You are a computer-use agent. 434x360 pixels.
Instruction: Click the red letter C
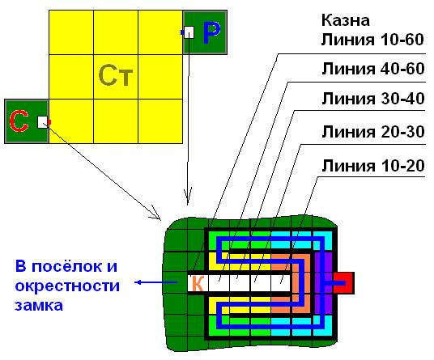tap(19, 121)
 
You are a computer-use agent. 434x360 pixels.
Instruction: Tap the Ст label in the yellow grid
tap(116, 75)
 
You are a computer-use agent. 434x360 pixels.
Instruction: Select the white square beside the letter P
tap(189, 32)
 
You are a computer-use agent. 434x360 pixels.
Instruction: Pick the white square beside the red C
tap(43, 122)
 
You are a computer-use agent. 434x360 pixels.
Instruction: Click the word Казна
tap(346, 20)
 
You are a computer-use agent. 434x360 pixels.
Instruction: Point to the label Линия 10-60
tap(372, 40)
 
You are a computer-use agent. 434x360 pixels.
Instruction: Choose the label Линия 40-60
tap(373, 69)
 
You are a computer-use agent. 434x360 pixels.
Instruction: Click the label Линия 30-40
tap(373, 99)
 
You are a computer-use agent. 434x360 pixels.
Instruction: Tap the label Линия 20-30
tap(373, 131)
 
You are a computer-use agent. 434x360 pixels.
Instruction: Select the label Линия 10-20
tap(373, 166)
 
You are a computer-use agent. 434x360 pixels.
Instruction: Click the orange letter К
tap(198, 283)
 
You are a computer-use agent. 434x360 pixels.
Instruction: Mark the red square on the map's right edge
tap(343, 283)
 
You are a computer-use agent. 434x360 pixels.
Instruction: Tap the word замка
tap(39, 306)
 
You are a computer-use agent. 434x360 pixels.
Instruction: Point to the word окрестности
tap(67, 286)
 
